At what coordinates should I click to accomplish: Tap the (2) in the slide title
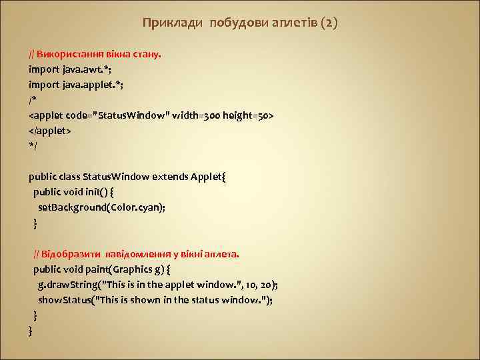click(x=329, y=23)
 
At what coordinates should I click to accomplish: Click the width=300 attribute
click(x=197, y=115)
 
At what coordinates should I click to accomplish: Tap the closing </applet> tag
click(x=49, y=131)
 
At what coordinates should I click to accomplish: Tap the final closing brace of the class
click(x=31, y=331)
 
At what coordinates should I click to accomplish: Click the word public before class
click(x=43, y=177)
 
